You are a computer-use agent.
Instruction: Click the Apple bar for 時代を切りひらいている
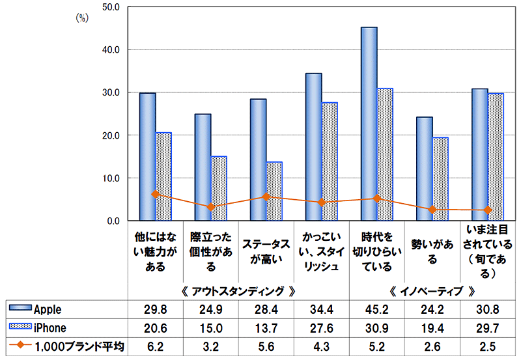pyautogui.click(x=369, y=124)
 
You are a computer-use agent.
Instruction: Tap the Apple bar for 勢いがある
pyautogui.click(x=424, y=169)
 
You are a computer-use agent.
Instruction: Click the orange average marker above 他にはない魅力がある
pyautogui.click(x=155, y=194)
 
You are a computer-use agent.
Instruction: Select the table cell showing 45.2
pyautogui.click(x=378, y=309)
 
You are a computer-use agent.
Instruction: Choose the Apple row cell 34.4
pyautogui.click(x=322, y=309)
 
